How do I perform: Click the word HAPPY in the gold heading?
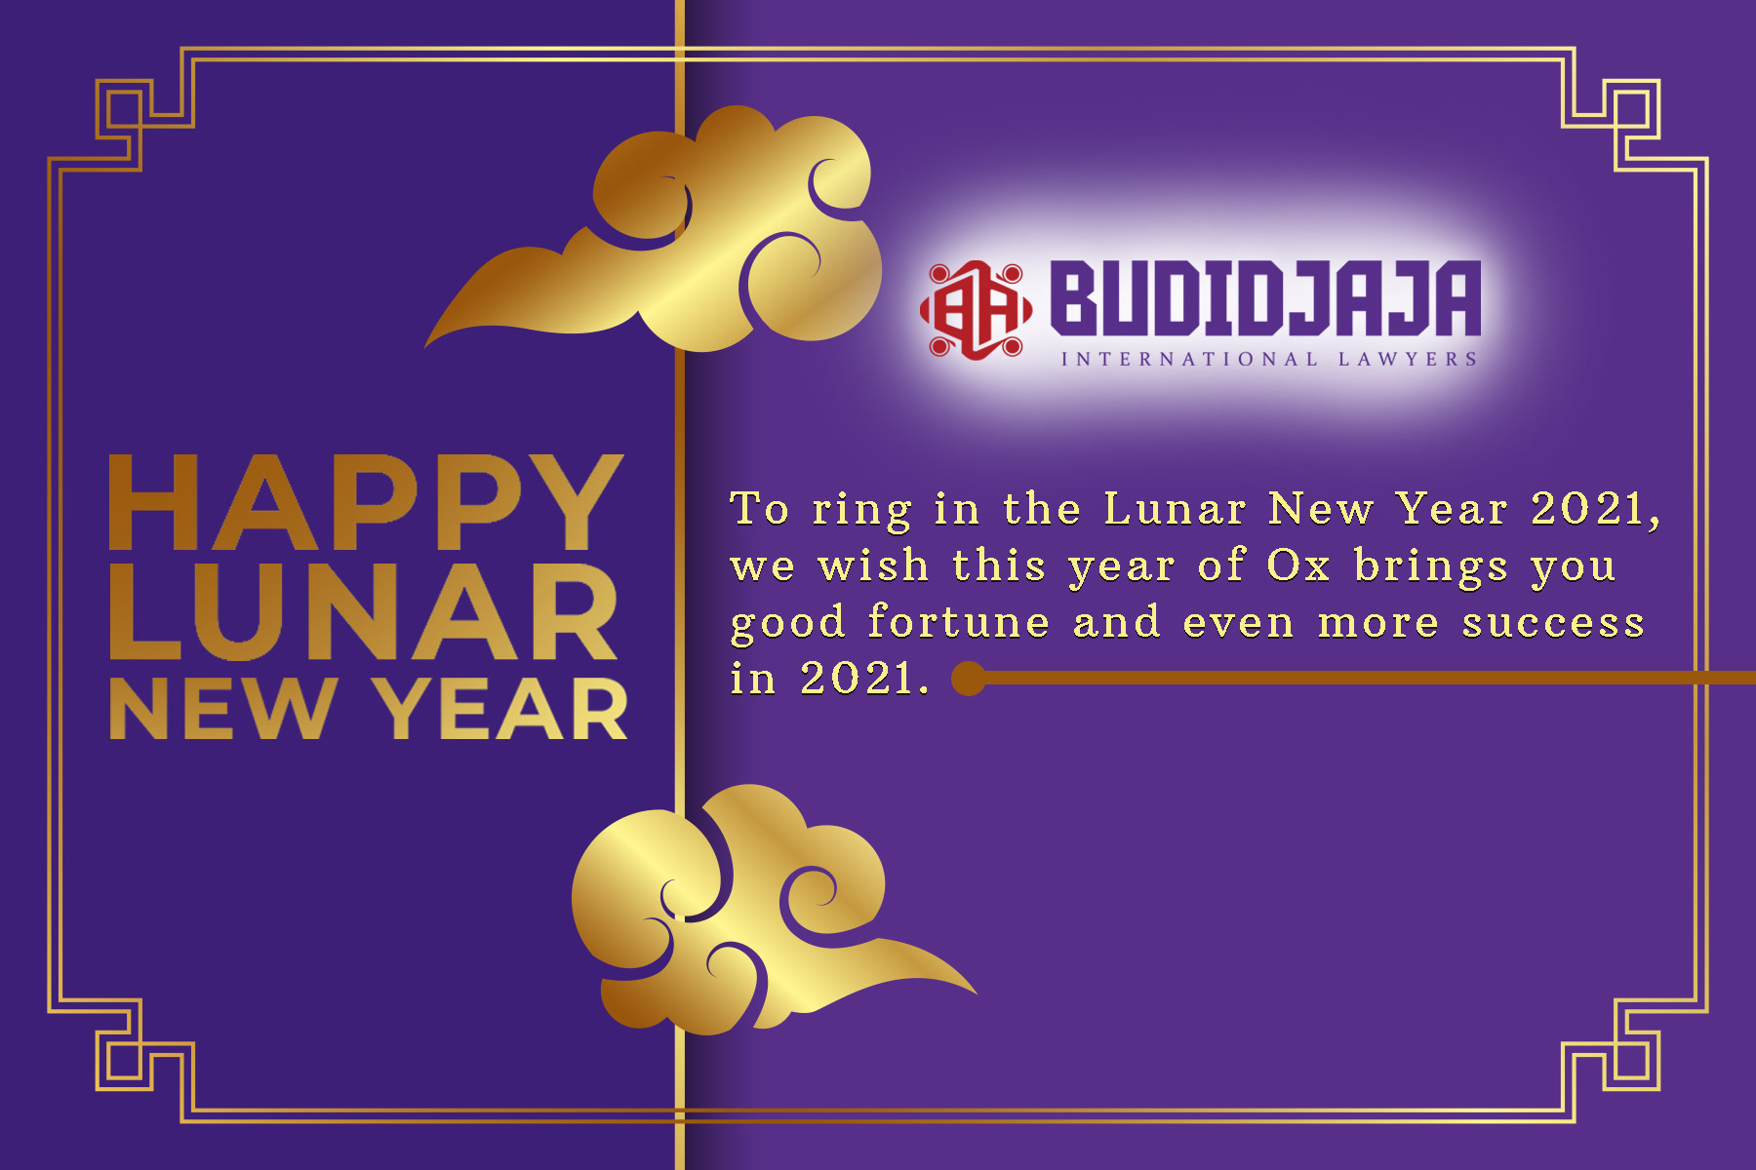click(x=365, y=503)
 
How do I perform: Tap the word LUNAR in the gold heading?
click(x=363, y=611)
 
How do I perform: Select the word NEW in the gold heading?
click(x=223, y=709)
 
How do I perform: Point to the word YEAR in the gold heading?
click(x=503, y=709)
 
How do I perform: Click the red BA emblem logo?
click(x=975, y=310)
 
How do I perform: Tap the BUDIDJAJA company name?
click(x=1265, y=297)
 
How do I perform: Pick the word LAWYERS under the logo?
click(x=1408, y=360)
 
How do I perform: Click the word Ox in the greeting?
click(x=1298, y=565)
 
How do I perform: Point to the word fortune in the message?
click(x=958, y=622)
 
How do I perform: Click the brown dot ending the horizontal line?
click(x=969, y=679)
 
